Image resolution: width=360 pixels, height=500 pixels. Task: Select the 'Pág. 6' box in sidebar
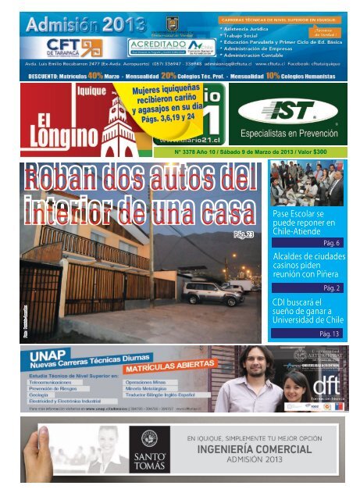330,242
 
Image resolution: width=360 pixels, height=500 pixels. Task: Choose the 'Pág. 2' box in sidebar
331,287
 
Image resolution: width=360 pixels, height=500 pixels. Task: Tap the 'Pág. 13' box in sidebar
329,334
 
